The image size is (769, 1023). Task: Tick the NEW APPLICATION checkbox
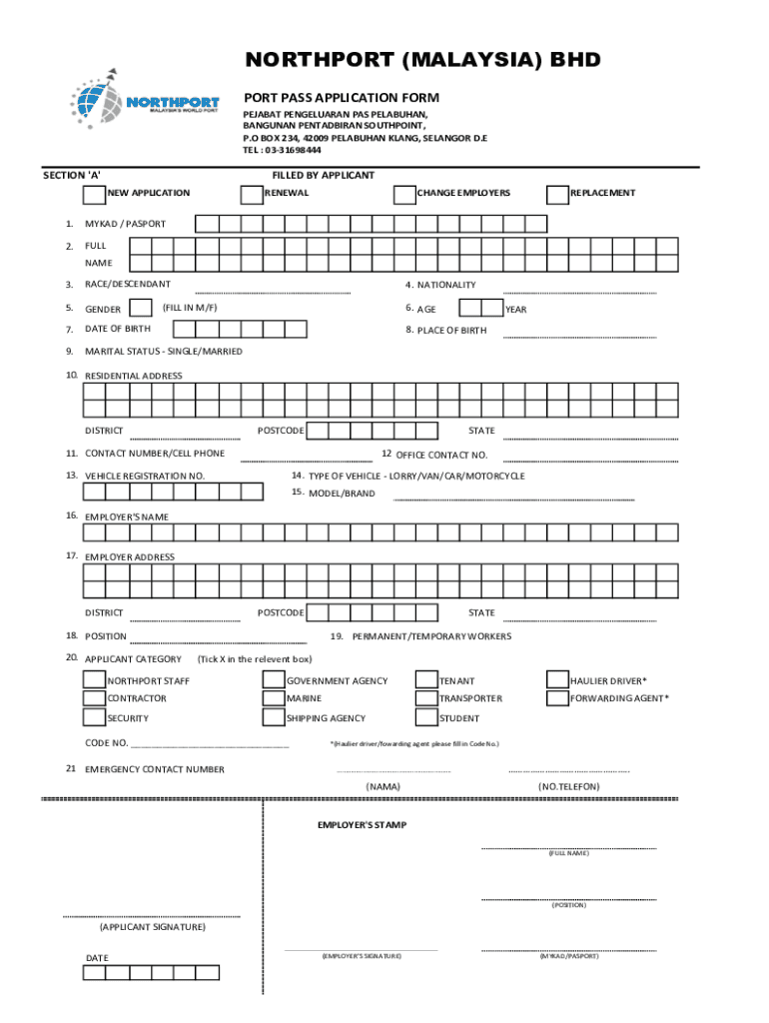click(x=94, y=193)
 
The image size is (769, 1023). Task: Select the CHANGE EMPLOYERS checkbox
click(x=404, y=193)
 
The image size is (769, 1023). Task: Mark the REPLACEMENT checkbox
click(x=557, y=193)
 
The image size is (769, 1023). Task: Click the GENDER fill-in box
click(x=141, y=308)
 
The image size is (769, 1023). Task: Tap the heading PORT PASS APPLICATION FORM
click(x=342, y=98)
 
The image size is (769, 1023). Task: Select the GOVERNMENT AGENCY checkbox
click(x=273, y=680)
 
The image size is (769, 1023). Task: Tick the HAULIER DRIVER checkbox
click(x=556, y=680)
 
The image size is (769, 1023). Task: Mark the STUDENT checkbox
click(x=426, y=717)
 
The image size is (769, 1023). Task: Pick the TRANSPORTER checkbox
click(x=426, y=698)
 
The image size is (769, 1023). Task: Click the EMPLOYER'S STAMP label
click(x=362, y=825)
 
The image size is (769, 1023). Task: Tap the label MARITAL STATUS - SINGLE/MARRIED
click(x=163, y=352)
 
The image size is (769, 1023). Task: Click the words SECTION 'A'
click(x=72, y=175)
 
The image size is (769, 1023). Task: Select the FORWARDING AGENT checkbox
click(x=556, y=698)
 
